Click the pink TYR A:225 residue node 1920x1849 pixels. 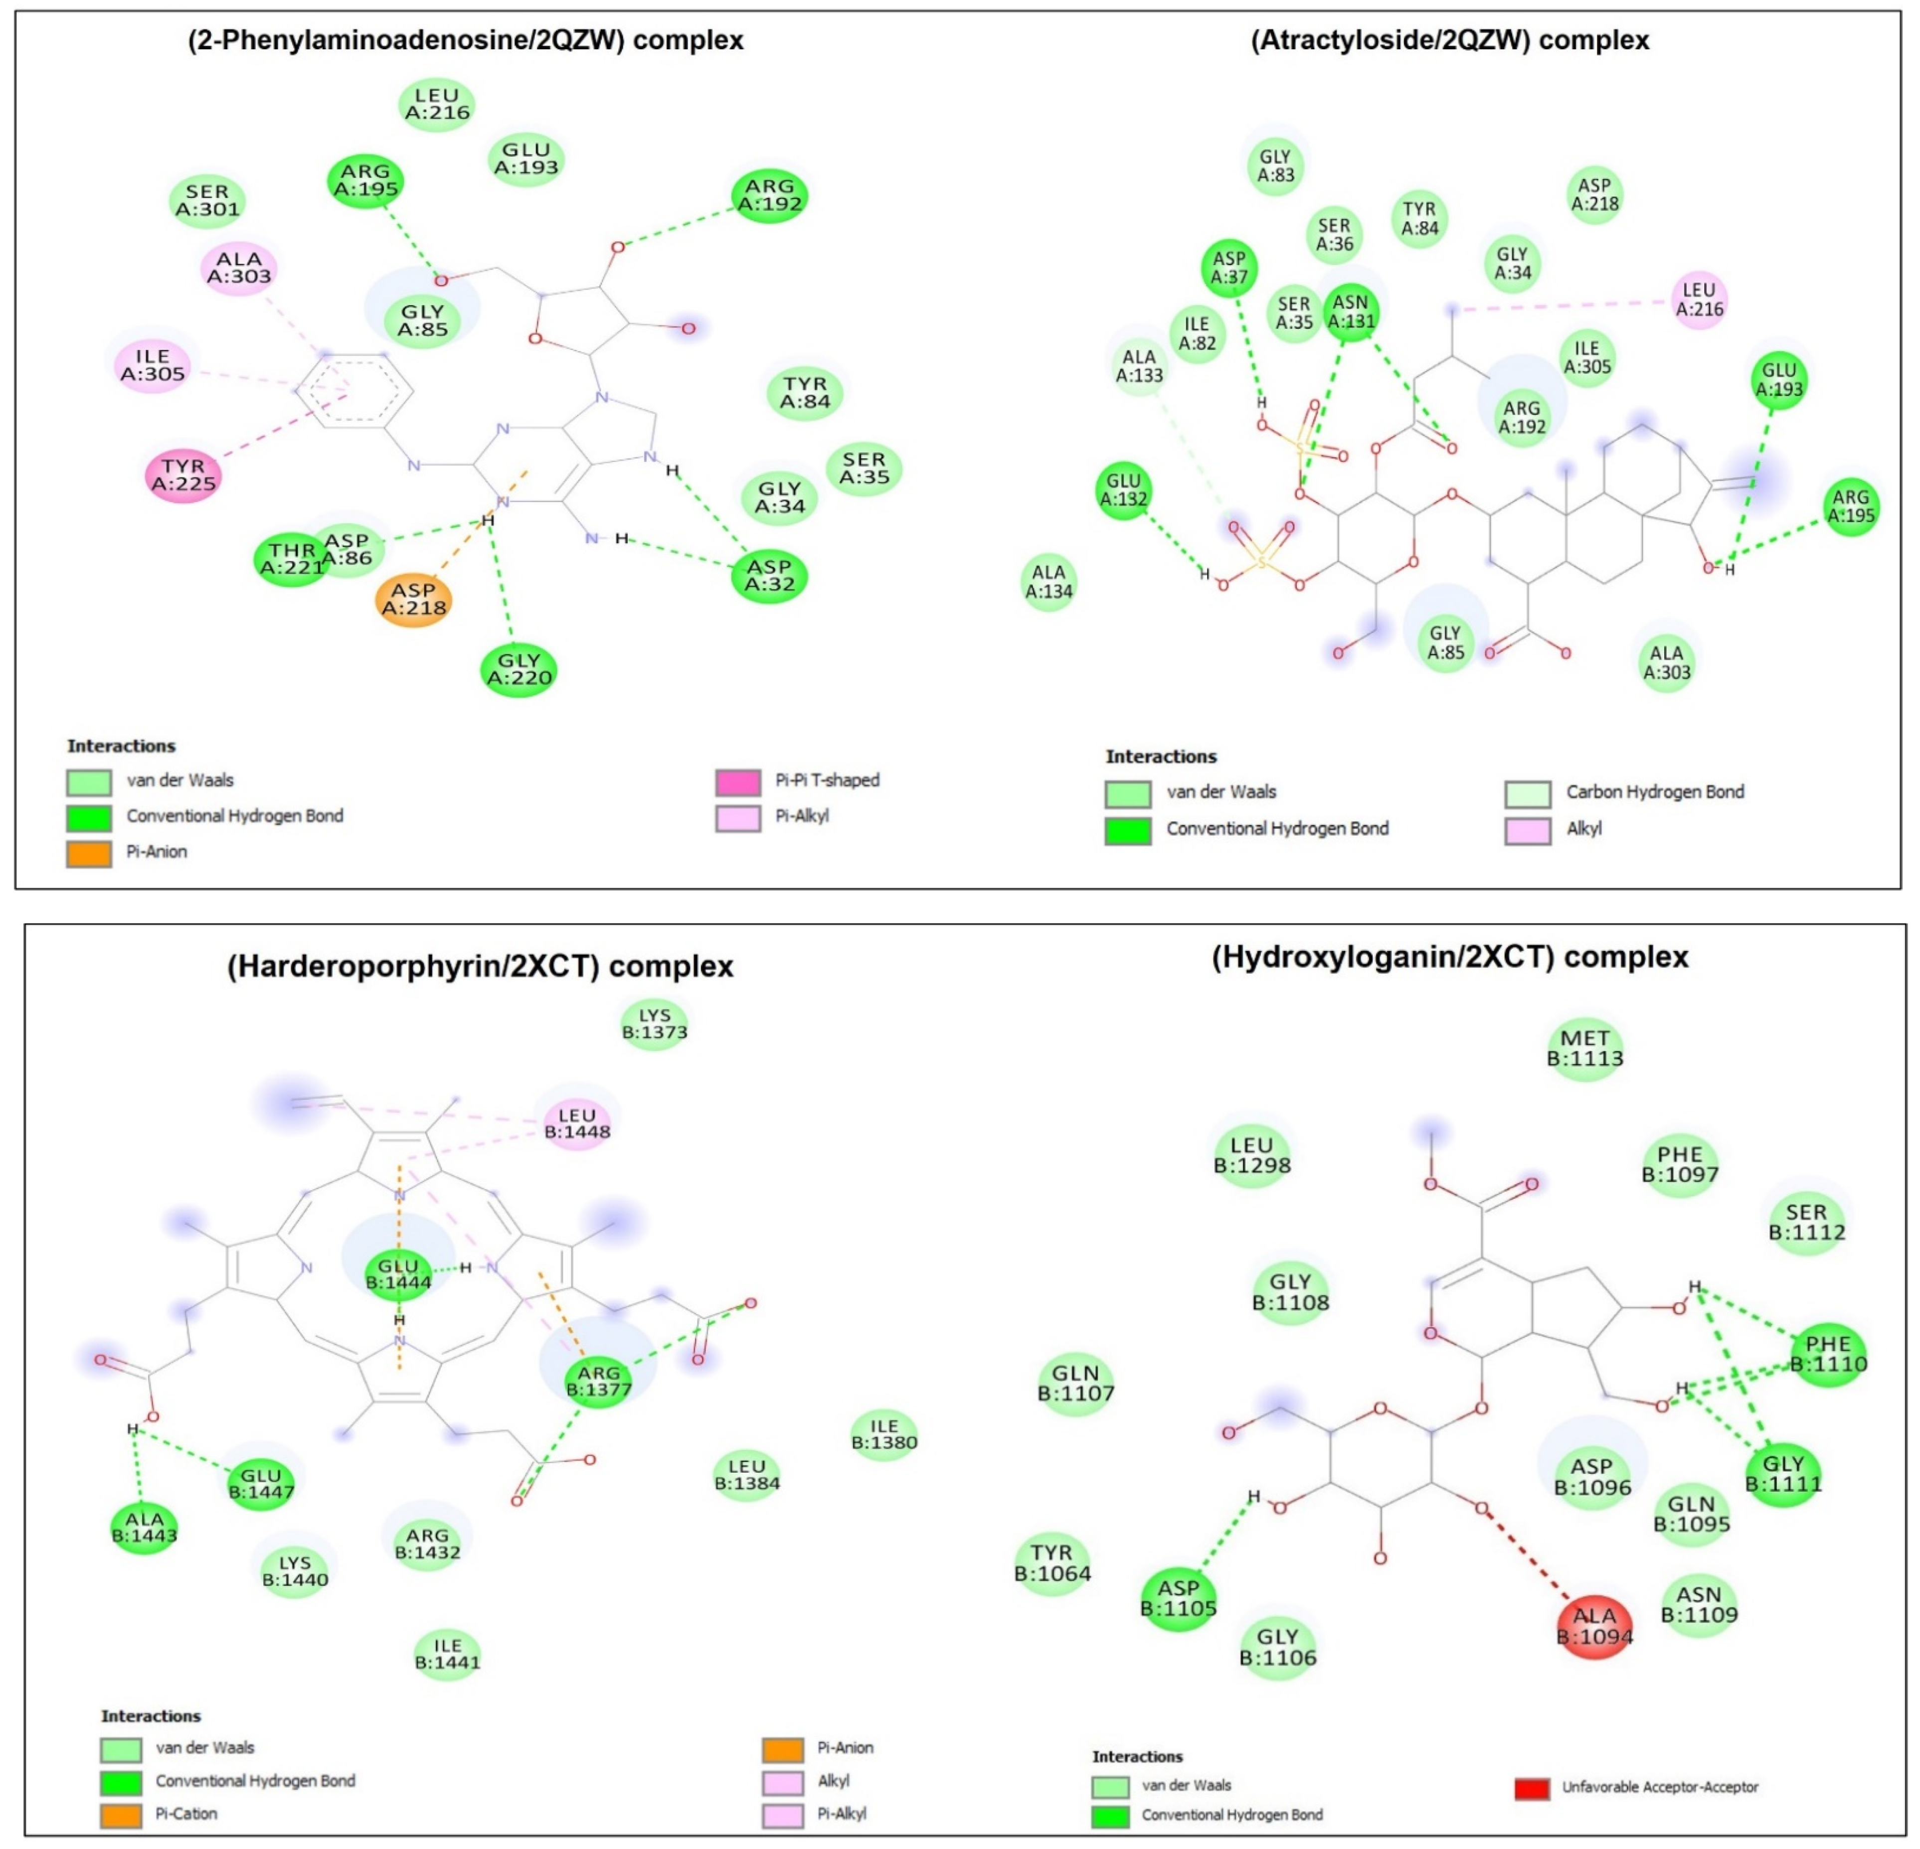click(183, 475)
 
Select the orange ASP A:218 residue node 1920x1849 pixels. click(413, 599)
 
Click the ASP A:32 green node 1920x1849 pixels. click(769, 576)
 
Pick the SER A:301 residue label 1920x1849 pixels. click(207, 201)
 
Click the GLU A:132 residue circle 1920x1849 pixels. click(1124, 490)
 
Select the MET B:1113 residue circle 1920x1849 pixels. click(1585, 1049)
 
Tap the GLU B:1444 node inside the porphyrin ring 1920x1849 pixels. click(399, 1274)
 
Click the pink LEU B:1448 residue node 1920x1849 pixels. click(577, 1123)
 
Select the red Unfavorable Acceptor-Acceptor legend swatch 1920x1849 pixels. click(1532, 1788)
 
